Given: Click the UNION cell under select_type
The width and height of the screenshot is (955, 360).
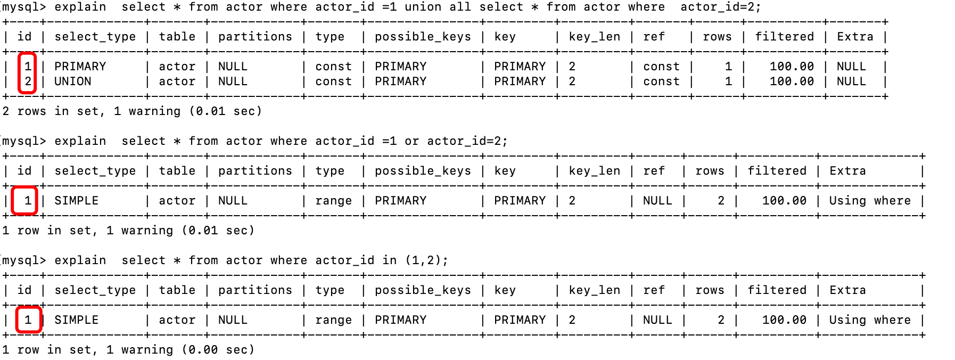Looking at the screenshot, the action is click(x=73, y=81).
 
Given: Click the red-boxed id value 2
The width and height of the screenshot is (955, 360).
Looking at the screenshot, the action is click(x=28, y=81).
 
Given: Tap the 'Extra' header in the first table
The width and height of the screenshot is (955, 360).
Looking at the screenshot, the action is click(x=855, y=37).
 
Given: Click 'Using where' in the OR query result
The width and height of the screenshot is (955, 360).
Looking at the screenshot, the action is click(x=870, y=201).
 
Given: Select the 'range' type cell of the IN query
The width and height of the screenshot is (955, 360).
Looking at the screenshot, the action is click(x=333, y=320).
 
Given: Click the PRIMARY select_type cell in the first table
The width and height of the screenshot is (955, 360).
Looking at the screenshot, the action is click(x=80, y=67).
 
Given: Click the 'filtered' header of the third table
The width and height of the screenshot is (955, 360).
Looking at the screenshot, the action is click(x=777, y=290).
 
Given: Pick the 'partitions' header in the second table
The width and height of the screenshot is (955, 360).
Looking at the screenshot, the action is click(x=255, y=171).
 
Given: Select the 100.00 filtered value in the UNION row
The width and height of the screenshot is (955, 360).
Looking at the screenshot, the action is click(x=792, y=81).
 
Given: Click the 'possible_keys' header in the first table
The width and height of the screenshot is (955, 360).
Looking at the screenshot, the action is click(x=423, y=37).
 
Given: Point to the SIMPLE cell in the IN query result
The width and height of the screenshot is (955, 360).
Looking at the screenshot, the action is click(x=77, y=320).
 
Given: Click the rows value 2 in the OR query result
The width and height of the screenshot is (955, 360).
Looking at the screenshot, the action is click(x=721, y=201).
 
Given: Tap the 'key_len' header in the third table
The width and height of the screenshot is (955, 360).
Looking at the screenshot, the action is click(x=595, y=290).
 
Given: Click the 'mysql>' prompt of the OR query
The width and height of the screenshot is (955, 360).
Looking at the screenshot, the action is click(x=24, y=141).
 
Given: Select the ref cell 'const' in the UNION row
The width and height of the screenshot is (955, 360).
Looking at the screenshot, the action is click(x=661, y=81).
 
